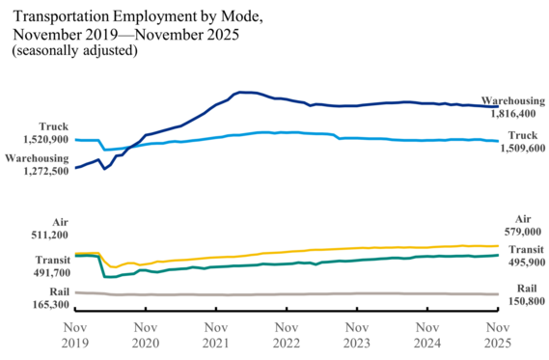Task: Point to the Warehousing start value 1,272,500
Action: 40,170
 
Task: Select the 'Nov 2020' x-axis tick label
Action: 145,334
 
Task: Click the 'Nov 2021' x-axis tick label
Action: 215,334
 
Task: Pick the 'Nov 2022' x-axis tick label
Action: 286,334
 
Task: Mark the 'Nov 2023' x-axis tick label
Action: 356,334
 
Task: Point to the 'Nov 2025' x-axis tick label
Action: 497,334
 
